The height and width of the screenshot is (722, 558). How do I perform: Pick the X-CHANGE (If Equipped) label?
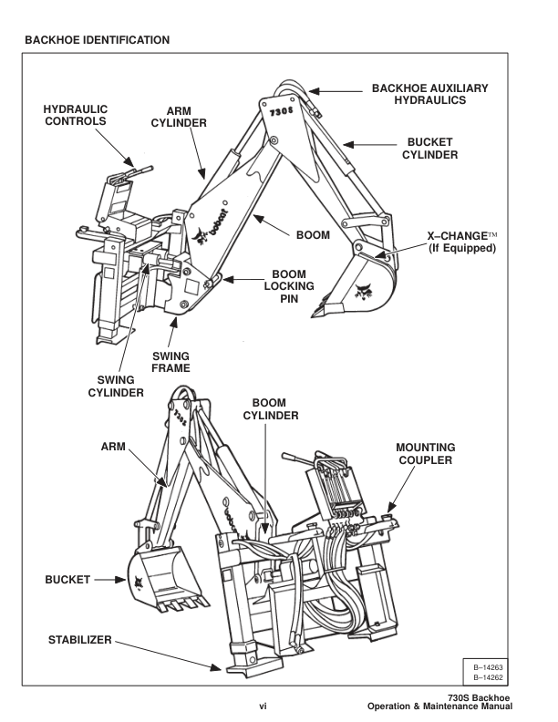(x=461, y=241)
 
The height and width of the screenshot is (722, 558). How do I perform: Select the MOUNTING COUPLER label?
(x=425, y=454)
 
